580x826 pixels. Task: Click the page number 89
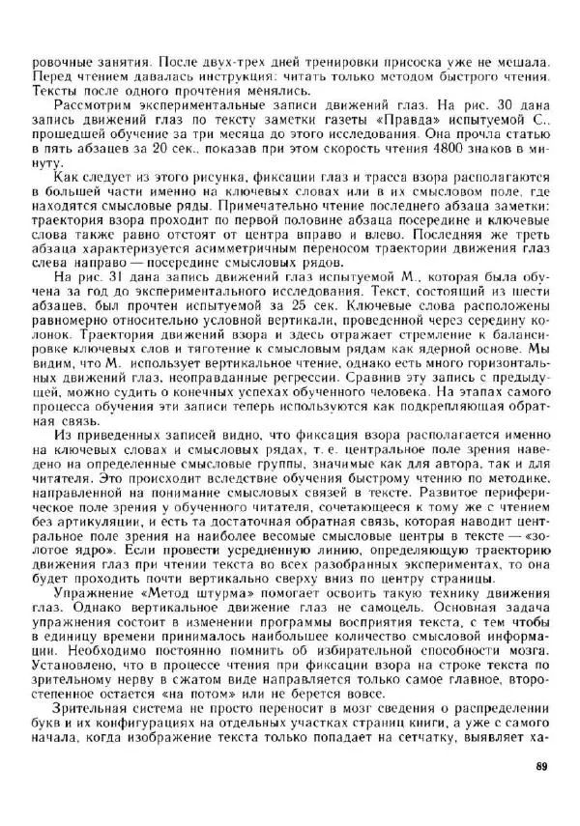pyautogui.click(x=540, y=768)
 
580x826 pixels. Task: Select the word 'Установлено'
pyautogui.click(x=71, y=641)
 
